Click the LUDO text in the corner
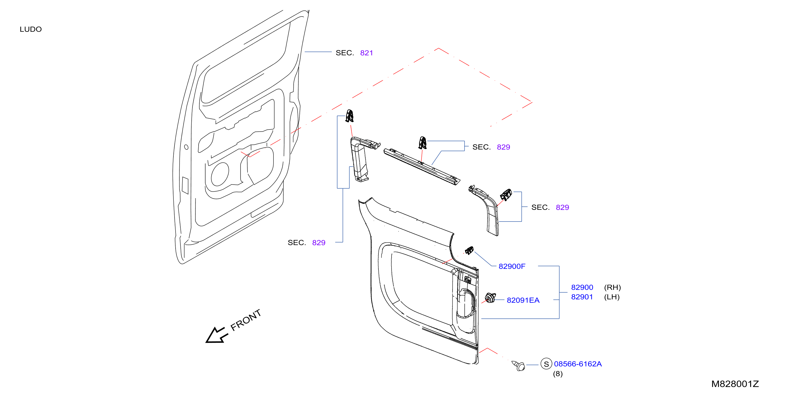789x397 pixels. click(x=31, y=29)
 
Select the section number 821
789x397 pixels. click(x=366, y=53)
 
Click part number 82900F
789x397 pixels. click(x=512, y=266)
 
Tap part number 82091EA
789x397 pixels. click(x=523, y=300)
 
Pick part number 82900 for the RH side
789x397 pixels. click(x=582, y=287)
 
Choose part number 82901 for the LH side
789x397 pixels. click(x=582, y=297)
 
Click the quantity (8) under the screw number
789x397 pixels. click(x=558, y=374)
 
